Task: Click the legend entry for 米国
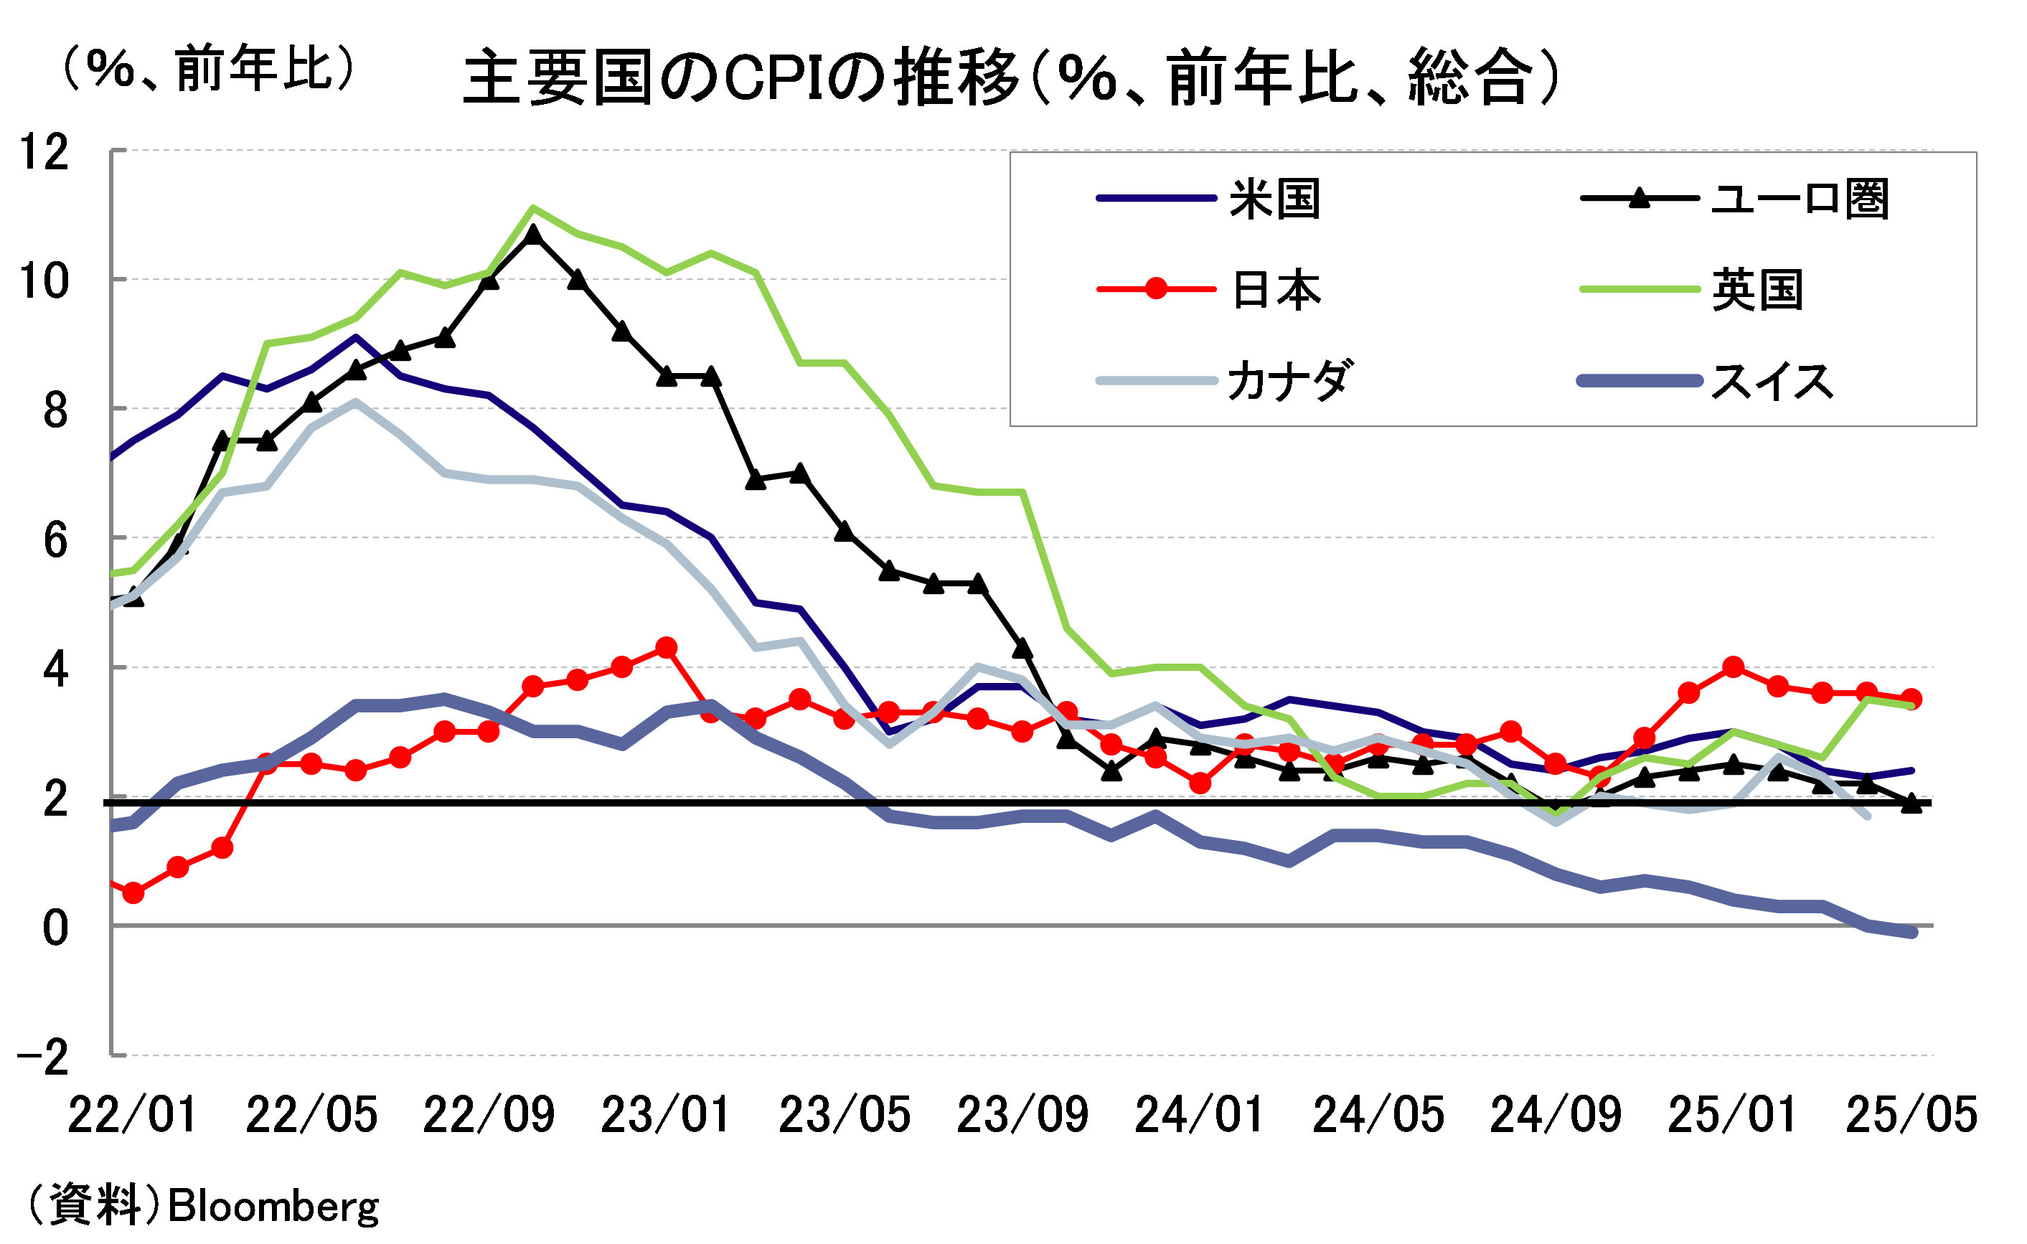point(1274,200)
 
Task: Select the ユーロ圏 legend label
point(1800,200)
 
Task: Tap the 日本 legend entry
point(1276,291)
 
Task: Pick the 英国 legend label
point(1757,291)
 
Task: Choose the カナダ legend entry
point(1287,381)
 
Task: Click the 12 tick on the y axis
point(44,152)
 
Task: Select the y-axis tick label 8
point(55,410)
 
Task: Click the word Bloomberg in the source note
point(274,1207)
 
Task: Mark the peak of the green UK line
point(533,207)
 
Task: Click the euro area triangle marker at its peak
point(533,235)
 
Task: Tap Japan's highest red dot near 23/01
point(667,649)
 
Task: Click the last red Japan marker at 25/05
point(1911,699)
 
